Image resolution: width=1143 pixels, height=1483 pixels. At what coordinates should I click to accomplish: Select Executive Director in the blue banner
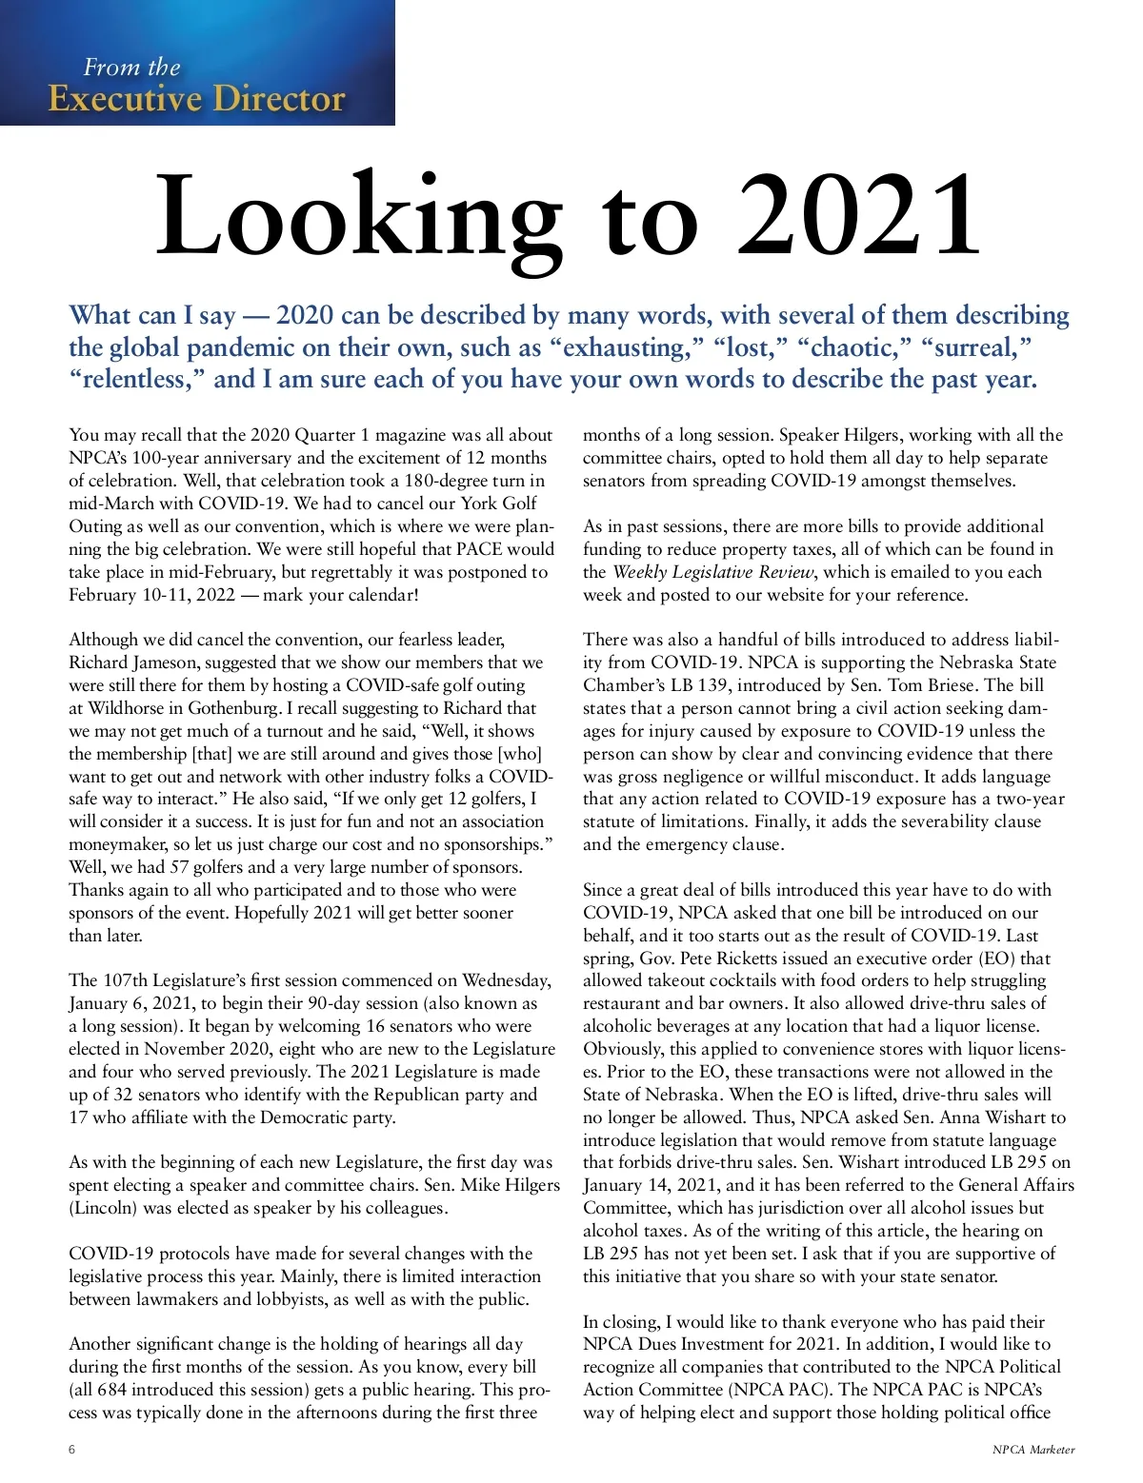click(x=196, y=98)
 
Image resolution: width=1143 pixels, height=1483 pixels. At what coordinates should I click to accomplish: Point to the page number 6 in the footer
click(x=72, y=1450)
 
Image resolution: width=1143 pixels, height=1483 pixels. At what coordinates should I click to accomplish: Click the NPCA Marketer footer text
click(x=1033, y=1451)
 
